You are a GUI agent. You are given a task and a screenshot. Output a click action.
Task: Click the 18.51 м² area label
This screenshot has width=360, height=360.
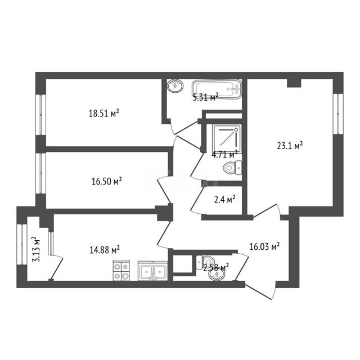[104, 113]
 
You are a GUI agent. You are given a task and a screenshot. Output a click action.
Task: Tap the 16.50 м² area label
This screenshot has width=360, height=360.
[107, 181]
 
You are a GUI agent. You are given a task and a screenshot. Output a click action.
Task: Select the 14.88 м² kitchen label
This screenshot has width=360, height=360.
[105, 250]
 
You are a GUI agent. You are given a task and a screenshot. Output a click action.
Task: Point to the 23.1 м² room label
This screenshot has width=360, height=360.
[290, 146]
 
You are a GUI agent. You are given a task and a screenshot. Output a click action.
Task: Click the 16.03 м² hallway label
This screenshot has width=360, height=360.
[264, 246]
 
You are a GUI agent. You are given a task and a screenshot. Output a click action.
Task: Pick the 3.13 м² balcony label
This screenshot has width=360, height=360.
[36, 249]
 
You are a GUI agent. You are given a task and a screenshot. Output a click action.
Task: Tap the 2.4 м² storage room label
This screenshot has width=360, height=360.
[225, 200]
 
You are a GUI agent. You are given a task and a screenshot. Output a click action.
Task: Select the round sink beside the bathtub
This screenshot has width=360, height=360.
[175, 86]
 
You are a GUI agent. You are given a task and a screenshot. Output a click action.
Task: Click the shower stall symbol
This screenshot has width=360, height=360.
[227, 139]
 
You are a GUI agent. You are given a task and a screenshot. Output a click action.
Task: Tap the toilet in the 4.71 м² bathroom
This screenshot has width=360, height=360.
[232, 168]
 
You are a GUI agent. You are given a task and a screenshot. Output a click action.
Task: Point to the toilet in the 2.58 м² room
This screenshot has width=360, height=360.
[205, 262]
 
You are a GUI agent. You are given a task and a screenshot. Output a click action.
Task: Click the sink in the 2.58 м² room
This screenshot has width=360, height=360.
[217, 274]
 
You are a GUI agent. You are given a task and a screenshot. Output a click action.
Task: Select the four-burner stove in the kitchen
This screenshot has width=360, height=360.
[121, 270]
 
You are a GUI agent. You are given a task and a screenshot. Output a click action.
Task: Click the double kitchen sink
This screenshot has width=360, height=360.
[152, 271]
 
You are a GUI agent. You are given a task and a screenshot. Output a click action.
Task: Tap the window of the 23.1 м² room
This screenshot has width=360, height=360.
[338, 114]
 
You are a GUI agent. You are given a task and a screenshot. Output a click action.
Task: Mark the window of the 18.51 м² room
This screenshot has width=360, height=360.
[41, 115]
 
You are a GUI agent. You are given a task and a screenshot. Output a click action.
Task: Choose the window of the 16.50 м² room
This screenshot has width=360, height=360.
[41, 173]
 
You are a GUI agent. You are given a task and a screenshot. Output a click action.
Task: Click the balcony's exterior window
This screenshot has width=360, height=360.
[22, 245]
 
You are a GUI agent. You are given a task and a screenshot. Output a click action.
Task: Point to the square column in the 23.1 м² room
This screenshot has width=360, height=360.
[294, 83]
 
